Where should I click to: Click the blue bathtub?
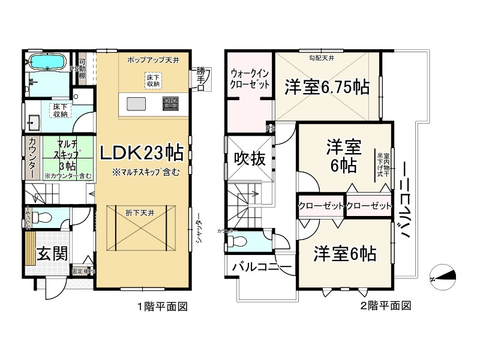tap(46, 62)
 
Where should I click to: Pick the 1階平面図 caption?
tap(163, 306)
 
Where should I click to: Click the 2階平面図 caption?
tap(385, 306)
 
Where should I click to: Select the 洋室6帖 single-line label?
tap(345, 254)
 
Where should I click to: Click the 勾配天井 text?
tap(322, 58)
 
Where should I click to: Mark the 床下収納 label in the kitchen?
tap(152, 81)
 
